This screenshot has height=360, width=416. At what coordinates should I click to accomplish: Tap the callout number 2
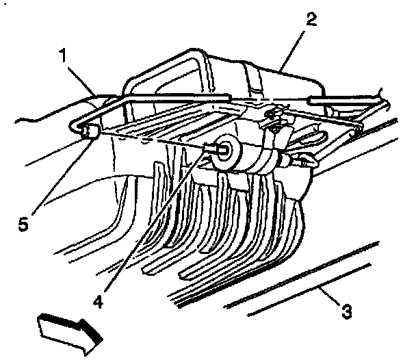[311, 18]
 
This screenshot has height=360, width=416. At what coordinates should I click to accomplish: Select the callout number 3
[348, 313]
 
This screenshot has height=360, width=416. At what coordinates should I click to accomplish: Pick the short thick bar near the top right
[332, 99]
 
